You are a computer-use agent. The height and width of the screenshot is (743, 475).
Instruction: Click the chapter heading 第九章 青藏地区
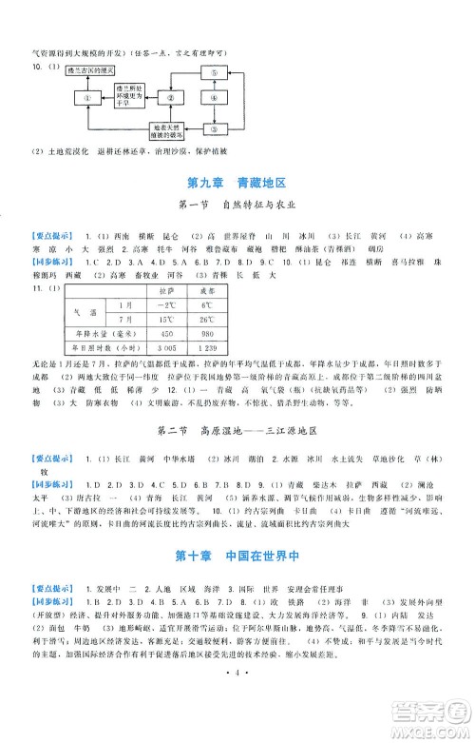237,182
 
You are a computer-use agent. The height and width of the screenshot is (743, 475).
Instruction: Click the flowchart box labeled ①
87,98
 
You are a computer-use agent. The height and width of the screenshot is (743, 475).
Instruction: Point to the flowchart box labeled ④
214,98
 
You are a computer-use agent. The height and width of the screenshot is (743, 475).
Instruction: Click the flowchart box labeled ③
214,129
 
